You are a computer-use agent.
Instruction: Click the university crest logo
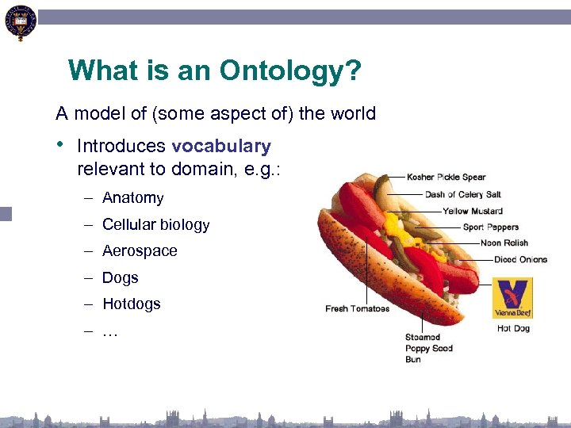point(20,22)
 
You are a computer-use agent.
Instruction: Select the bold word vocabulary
point(220,147)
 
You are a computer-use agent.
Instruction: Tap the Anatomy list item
point(132,198)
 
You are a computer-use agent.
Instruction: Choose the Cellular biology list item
point(155,225)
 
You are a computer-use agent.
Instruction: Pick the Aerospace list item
point(140,251)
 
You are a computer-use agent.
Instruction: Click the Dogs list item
point(120,278)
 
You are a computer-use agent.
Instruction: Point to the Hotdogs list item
point(131,304)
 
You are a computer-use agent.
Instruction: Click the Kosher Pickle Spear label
point(446,177)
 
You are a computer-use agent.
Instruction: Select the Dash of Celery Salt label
point(462,194)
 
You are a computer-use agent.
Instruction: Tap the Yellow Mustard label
point(472,211)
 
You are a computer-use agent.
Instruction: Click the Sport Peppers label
point(490,227)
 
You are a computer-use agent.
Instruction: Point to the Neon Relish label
point(504,243)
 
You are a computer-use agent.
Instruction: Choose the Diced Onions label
point(520,260)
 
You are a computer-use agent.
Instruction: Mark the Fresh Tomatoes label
point(357,308)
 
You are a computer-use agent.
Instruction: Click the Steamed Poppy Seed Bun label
point(428,348)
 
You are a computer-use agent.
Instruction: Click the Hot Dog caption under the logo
point(512,328)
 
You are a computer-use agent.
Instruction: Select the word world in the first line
point(353,114)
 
